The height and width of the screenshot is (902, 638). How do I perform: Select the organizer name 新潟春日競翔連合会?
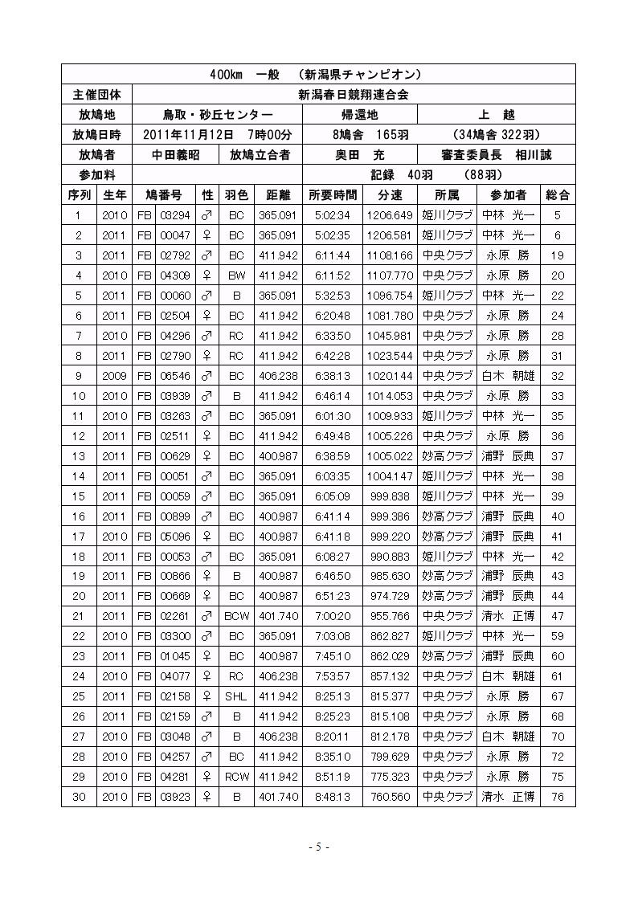(x=354, y=95)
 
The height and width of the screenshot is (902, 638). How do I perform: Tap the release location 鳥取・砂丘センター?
(x=217, y=115)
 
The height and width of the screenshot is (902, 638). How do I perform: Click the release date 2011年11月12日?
(x=188, y=135)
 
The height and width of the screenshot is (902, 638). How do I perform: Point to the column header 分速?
(x=389, y=195)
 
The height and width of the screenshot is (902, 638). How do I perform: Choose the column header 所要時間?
(x=332, y=195)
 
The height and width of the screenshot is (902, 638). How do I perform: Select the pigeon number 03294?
(x=174, y=215)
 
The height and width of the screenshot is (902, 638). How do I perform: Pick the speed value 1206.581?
(x=389, y=235)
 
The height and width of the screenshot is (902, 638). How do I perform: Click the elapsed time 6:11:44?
(x=332, y=255)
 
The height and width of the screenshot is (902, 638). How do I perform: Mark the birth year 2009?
(x=114, y=376)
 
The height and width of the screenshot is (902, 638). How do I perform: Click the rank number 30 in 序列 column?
(x=78, y=797)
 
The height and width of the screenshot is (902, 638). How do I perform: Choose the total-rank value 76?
(x=558, y=797)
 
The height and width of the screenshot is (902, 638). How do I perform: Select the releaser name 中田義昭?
(x=175, y=155)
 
